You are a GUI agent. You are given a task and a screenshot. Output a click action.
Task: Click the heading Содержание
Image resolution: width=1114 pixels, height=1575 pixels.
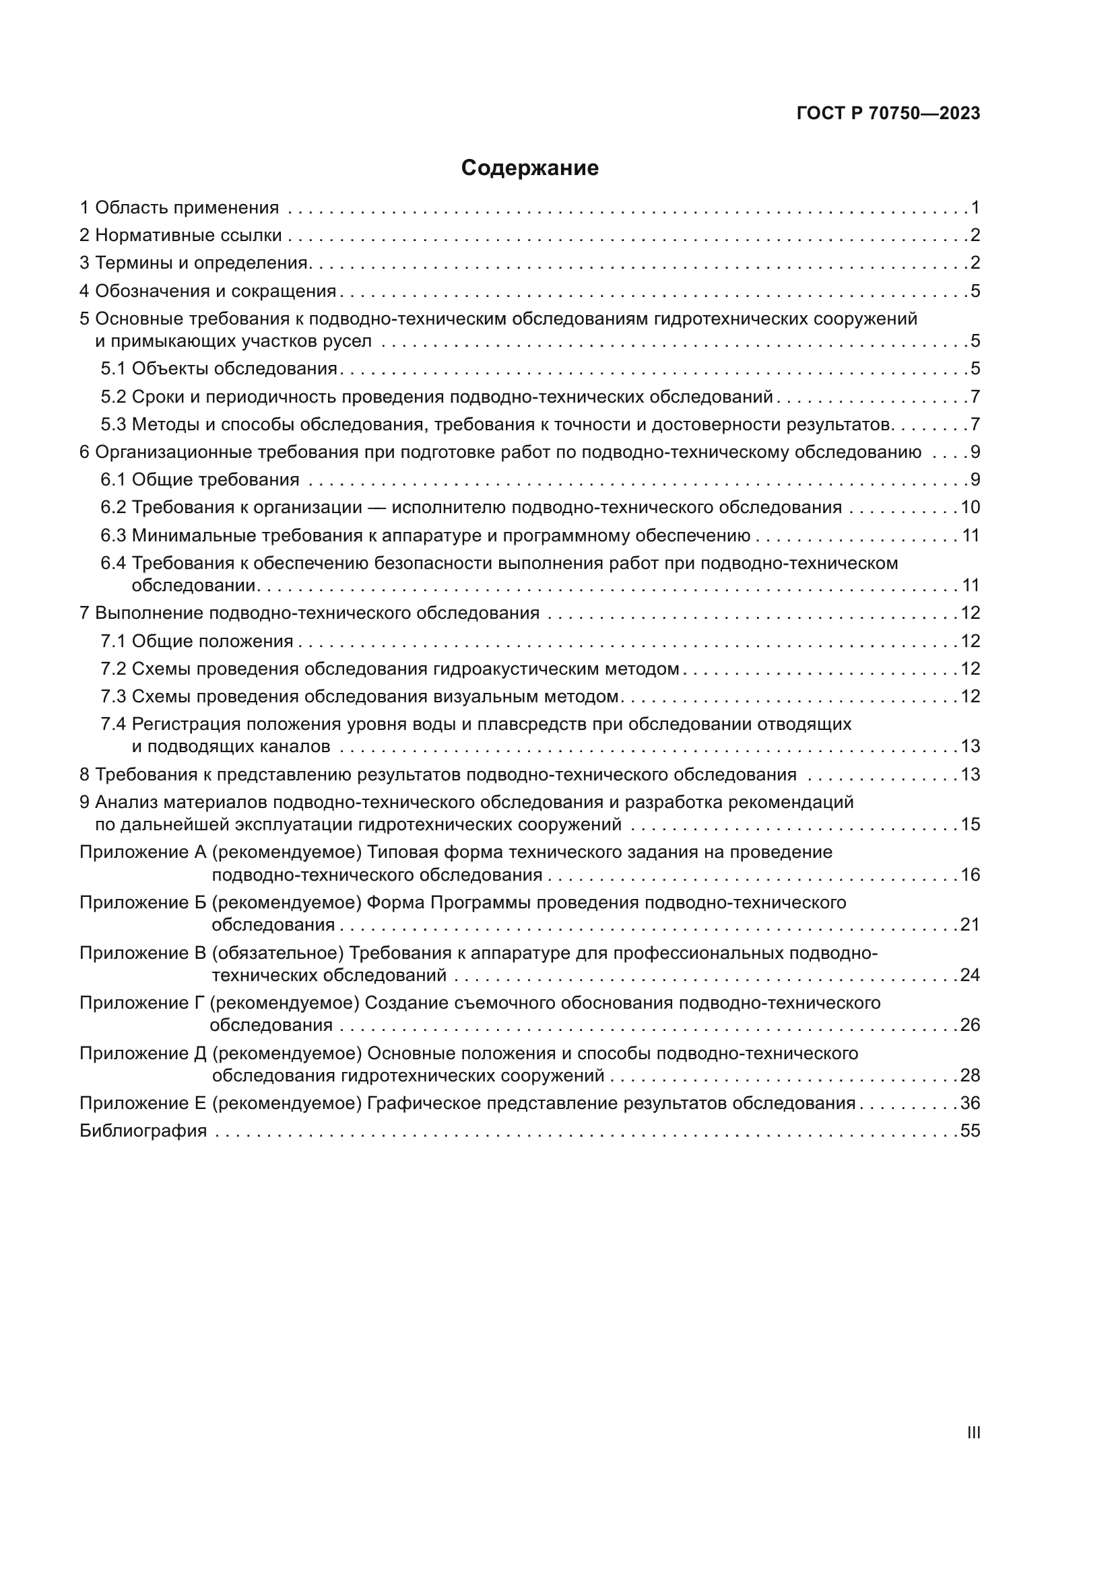tap(529, 168)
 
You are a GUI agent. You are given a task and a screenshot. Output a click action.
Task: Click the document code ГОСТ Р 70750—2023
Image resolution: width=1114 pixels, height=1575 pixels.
tap(888, 114)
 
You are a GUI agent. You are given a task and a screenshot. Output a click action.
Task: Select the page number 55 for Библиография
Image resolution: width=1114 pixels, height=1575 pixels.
tap(970, 1131)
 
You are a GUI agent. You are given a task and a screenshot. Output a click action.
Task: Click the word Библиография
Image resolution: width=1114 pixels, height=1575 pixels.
tap(143, 1131)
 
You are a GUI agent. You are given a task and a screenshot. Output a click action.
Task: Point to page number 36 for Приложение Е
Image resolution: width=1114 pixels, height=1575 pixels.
tap(970, 1103)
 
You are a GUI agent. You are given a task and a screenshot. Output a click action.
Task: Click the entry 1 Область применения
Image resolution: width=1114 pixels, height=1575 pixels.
tap(180, 207)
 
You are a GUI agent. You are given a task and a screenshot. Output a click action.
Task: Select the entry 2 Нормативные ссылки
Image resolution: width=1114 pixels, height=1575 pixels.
tap(181, 235)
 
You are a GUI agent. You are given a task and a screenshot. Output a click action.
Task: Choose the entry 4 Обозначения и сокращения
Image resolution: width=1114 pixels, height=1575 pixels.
tap(208, 291)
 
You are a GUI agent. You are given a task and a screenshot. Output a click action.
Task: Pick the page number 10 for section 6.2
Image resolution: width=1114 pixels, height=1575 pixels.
tap(970, 507)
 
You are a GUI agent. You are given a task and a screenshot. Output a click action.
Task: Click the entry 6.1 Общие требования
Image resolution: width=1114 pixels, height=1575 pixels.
tap(200, 479)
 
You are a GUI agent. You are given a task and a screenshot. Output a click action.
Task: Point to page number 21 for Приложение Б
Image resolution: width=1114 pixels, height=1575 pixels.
tap(970, 924)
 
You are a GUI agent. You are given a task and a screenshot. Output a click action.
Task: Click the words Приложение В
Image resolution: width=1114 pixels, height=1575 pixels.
tap(143, 953)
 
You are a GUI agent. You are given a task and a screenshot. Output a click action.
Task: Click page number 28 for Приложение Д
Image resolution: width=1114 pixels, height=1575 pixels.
tap(970, 1075)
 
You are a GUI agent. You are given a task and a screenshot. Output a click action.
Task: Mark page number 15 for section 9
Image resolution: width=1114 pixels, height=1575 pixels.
tap(970, 824)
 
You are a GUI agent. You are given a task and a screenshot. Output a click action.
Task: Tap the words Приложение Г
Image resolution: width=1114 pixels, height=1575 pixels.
tap(142, 1003)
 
